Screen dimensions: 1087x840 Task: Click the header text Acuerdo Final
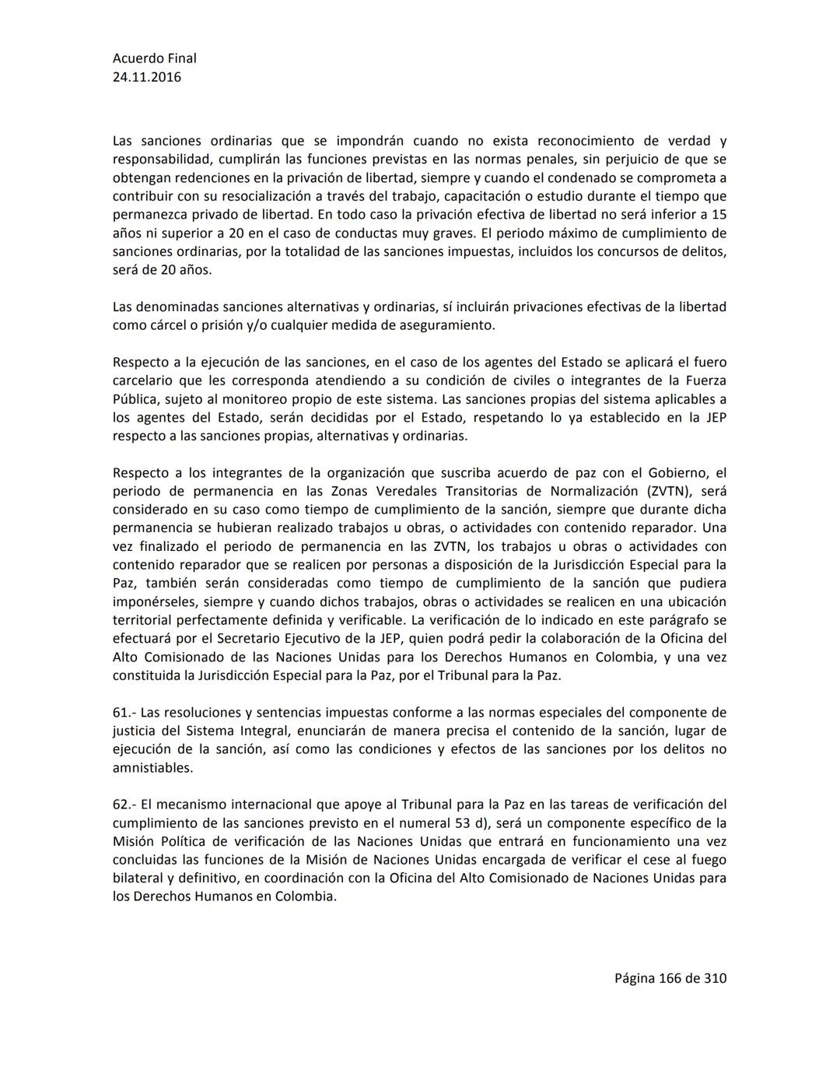click(x=154, y=58)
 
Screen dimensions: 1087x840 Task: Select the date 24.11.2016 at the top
click(x=147, y=77)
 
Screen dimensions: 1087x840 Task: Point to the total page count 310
click(x=715, y=978)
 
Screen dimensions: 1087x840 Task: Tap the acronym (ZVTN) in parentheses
click(x=665, y=491)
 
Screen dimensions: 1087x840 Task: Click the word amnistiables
click(x=152, y=768)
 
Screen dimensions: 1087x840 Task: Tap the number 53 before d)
click(x=462, y=822)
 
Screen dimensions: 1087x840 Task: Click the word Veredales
click(x=381, y=491)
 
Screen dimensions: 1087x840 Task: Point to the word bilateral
click(x=137, y=878)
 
